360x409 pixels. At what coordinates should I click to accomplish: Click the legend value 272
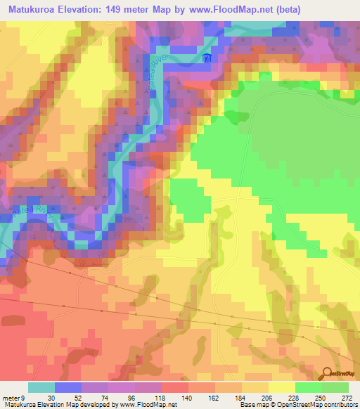347,398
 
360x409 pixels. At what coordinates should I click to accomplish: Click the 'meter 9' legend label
17,398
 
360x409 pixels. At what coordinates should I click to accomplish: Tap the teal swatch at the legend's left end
41,387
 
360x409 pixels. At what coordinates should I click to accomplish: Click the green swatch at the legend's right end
335,387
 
